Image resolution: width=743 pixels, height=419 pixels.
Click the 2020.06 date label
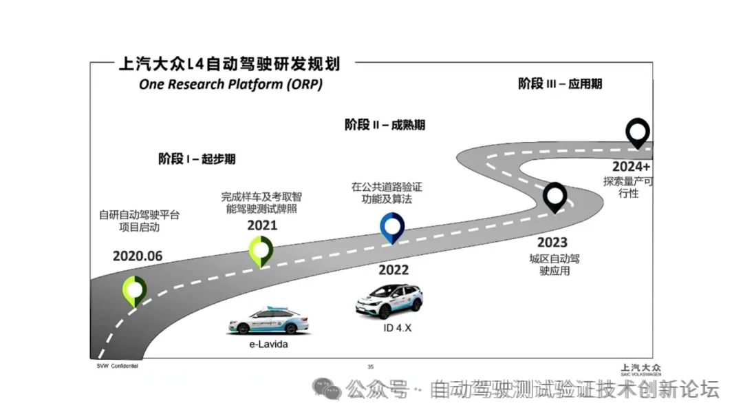(x=138, y=256)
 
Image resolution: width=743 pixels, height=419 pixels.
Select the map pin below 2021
(x=261, y=250)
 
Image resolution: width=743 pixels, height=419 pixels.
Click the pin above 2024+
(x=638, y=132)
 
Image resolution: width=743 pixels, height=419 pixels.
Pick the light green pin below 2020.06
(x=134, y=290)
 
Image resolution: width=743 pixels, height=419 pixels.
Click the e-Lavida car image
(x=268, y=320)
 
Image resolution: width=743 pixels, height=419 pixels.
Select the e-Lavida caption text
(x=268, y=344)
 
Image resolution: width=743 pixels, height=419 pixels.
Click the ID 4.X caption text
(x=397, y=328)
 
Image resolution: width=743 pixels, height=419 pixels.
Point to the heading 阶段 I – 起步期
(x=197, y=159)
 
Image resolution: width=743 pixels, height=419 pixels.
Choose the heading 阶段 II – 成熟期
(x=385, y=125)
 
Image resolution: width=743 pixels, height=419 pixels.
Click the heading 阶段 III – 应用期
(x=560, y=84)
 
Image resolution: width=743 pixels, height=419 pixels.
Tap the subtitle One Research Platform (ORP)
(x=230, y=85)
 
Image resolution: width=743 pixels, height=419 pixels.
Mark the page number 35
(x=371, y=367)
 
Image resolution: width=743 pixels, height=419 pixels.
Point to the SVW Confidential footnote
(x=117, y=366)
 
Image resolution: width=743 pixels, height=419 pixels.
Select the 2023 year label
(x=552, y=242)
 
